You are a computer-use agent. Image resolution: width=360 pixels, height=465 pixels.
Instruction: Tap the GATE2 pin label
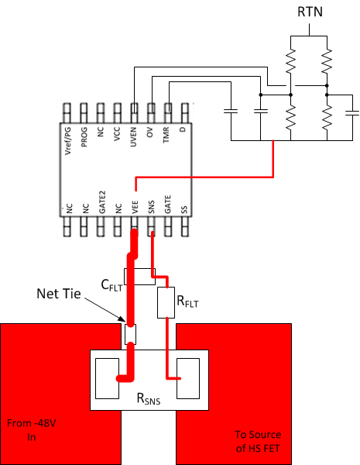point(101,202)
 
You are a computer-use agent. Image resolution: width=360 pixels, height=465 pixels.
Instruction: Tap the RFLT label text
point(187,305)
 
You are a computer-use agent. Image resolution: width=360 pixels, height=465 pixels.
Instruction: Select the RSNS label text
point(149,398)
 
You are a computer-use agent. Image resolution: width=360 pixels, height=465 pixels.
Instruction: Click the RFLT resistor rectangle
point(166,303)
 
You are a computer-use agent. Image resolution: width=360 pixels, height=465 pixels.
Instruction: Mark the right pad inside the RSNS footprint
point(189,377)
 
